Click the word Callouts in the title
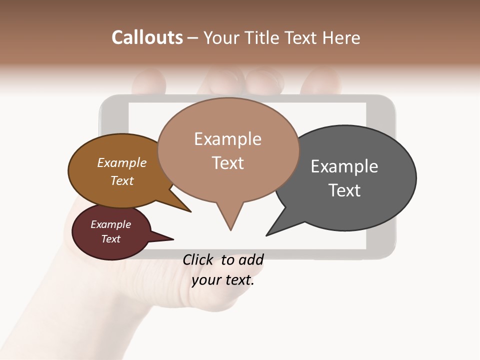click(x=147, y=37)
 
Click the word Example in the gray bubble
click(x=344, y=166)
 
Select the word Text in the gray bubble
click(x=344, y=190)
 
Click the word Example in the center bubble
click(x=227, y=139)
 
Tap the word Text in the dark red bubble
click(x=111, y=239)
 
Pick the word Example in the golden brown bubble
click(x=122, y=163)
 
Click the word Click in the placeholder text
click(x=199, y=259)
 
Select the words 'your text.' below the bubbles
click(x=223, y=280)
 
